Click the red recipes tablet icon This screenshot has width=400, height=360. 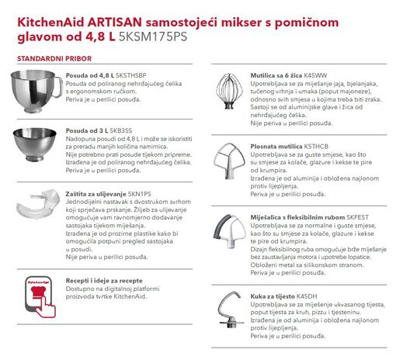[x=33, y=292]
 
